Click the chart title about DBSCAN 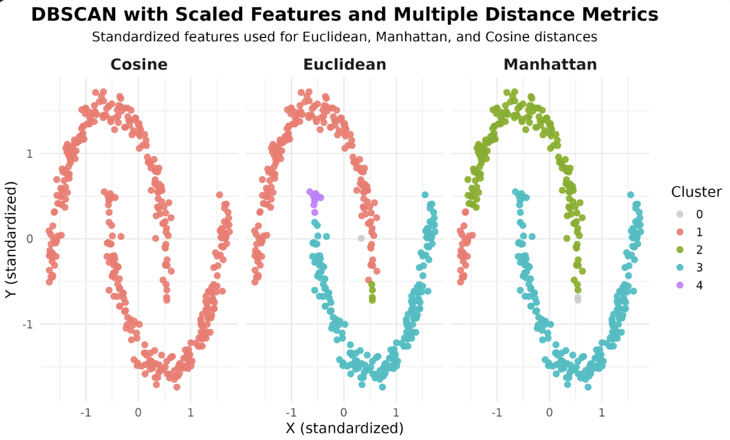[x=345, y=15]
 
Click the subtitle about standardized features [x=345, y=37]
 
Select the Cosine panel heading [x=139, y=64]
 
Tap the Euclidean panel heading [x=344, y=64]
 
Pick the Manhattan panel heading [x=550, y=64]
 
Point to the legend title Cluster [x=696, y=191]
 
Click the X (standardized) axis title [x=345, y=428]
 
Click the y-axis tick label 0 [x=30, y=239]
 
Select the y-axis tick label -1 [x=28, y=325]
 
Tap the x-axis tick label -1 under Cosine [x=85, y=413]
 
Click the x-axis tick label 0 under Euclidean [x=343, y=413]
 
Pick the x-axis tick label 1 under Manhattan [x=602, y=413]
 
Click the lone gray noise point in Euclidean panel [x=361, y=238]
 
